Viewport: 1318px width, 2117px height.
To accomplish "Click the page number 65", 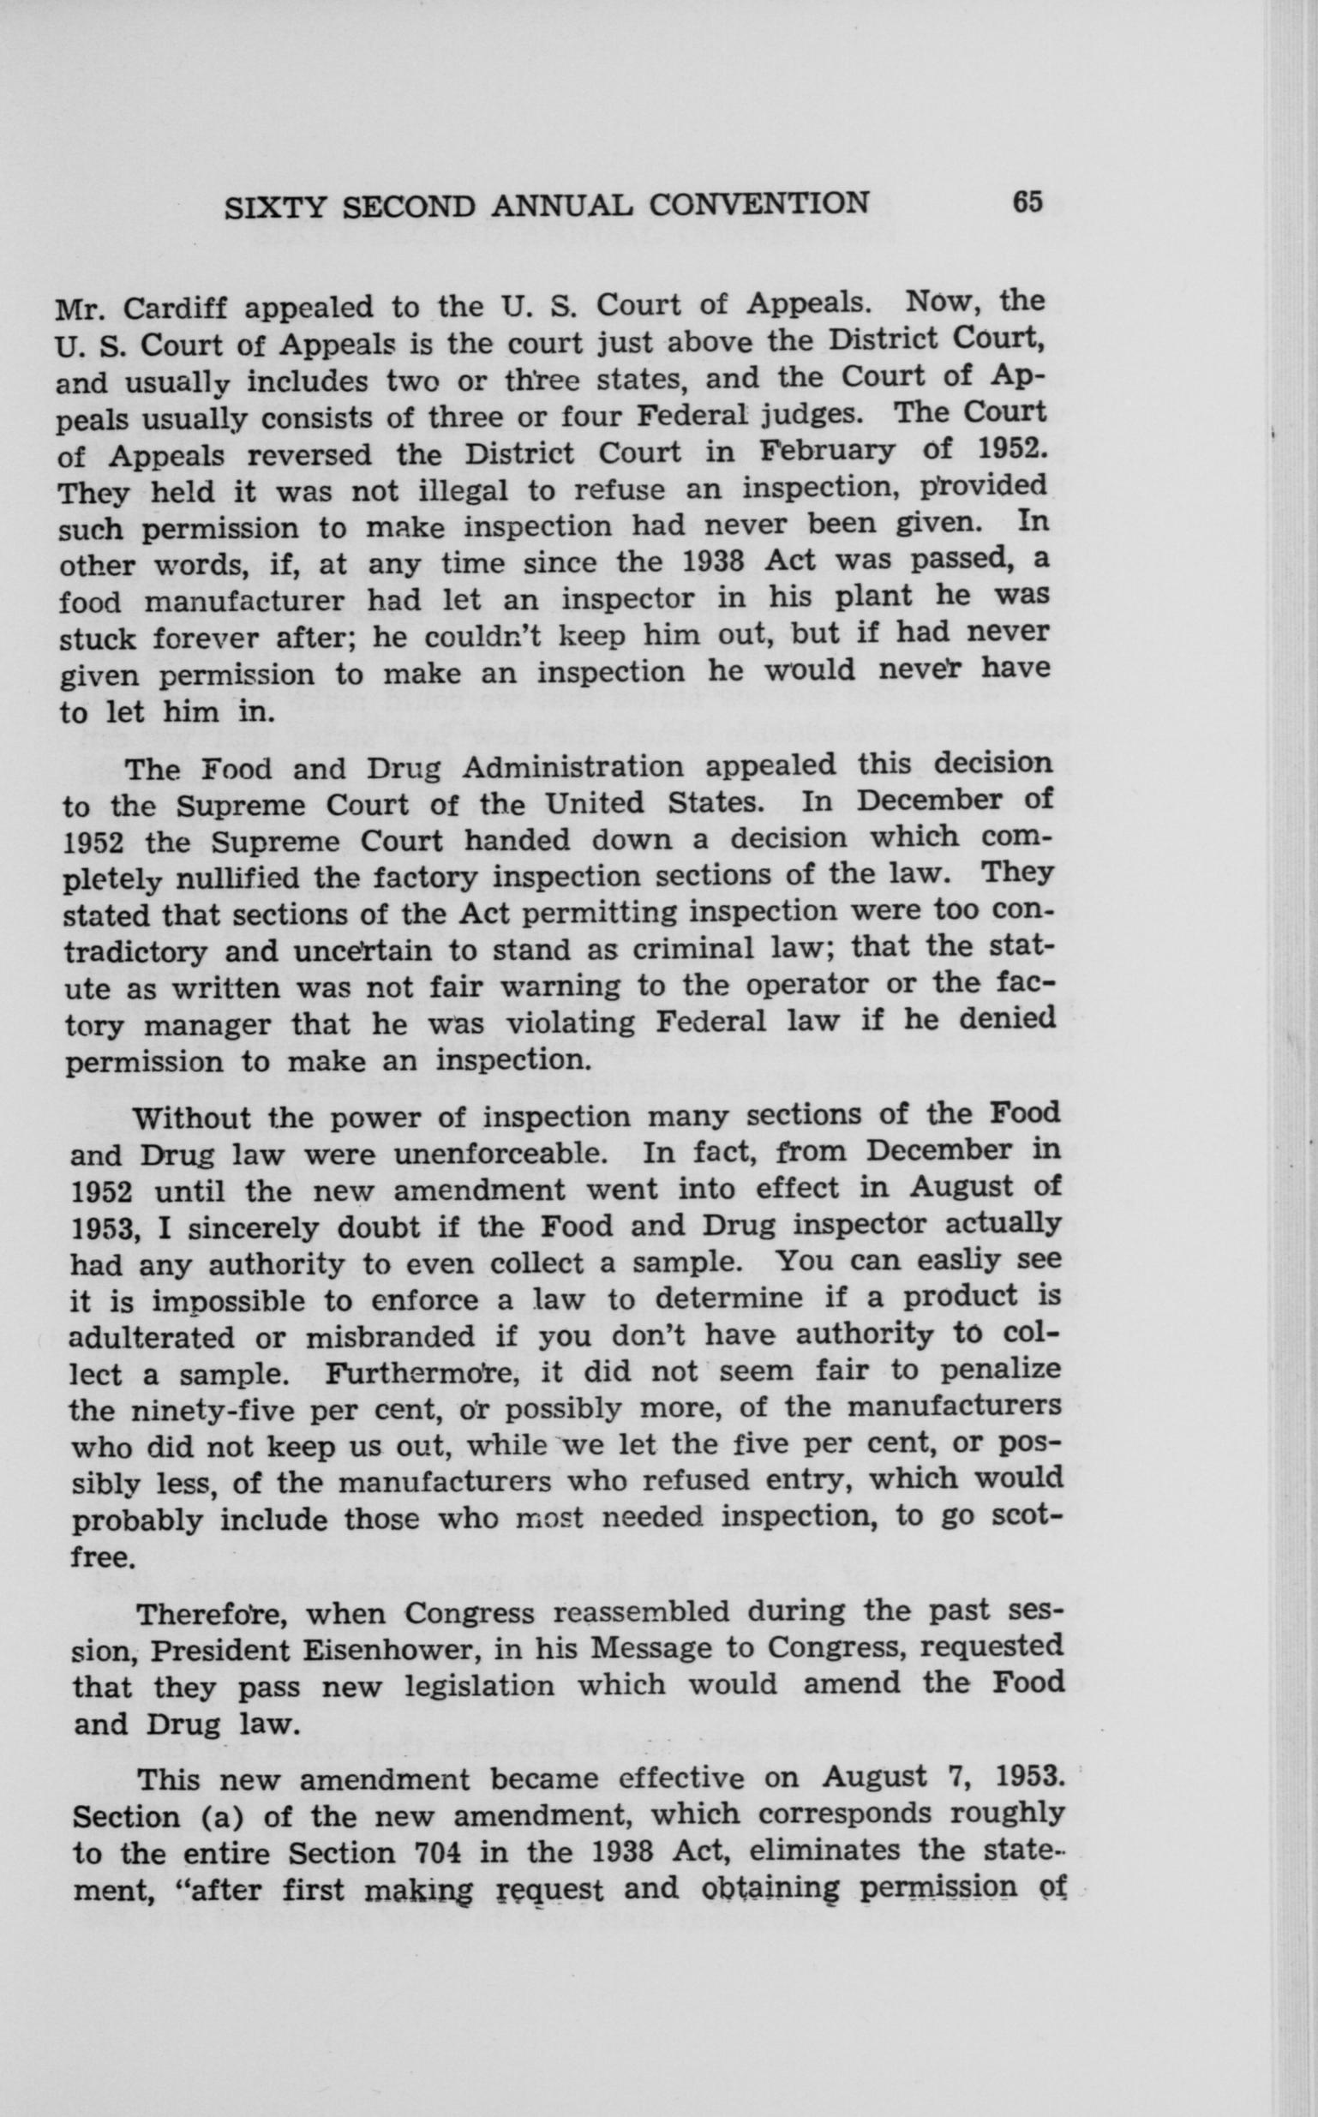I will tap(1027, 202).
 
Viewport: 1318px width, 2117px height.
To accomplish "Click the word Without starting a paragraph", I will tap(195, 1118).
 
